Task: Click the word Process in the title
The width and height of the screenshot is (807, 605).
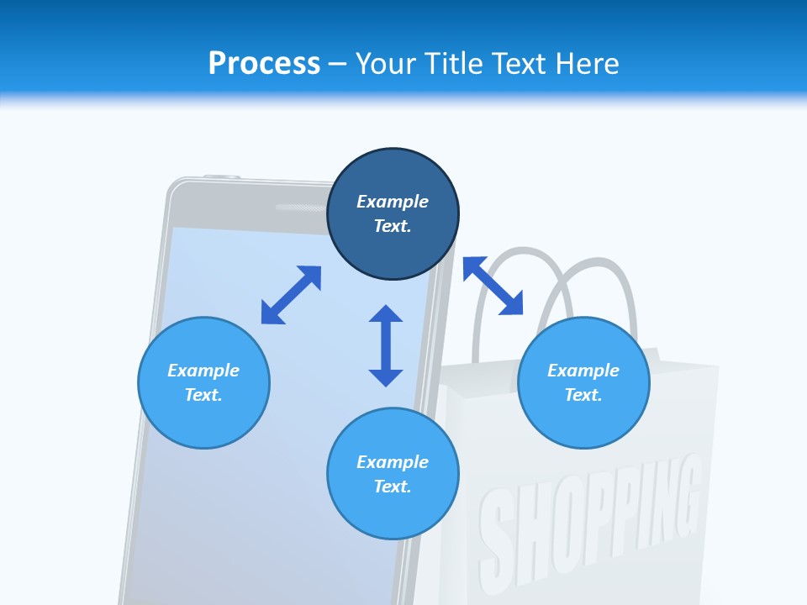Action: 264,63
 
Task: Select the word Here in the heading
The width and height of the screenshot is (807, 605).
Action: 588,63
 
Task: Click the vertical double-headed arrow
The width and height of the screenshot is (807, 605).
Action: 386,345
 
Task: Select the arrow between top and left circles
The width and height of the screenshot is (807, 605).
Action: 291,295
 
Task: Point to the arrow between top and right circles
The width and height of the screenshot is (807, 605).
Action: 493,286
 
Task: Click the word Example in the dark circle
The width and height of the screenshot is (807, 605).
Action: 393,202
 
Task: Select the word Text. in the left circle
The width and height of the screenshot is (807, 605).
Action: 203,395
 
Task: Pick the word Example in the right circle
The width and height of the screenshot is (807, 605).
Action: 583,371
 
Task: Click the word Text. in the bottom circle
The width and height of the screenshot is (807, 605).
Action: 393,487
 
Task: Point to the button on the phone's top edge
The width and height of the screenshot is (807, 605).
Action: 221,176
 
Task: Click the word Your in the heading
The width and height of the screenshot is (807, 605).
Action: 386,63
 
